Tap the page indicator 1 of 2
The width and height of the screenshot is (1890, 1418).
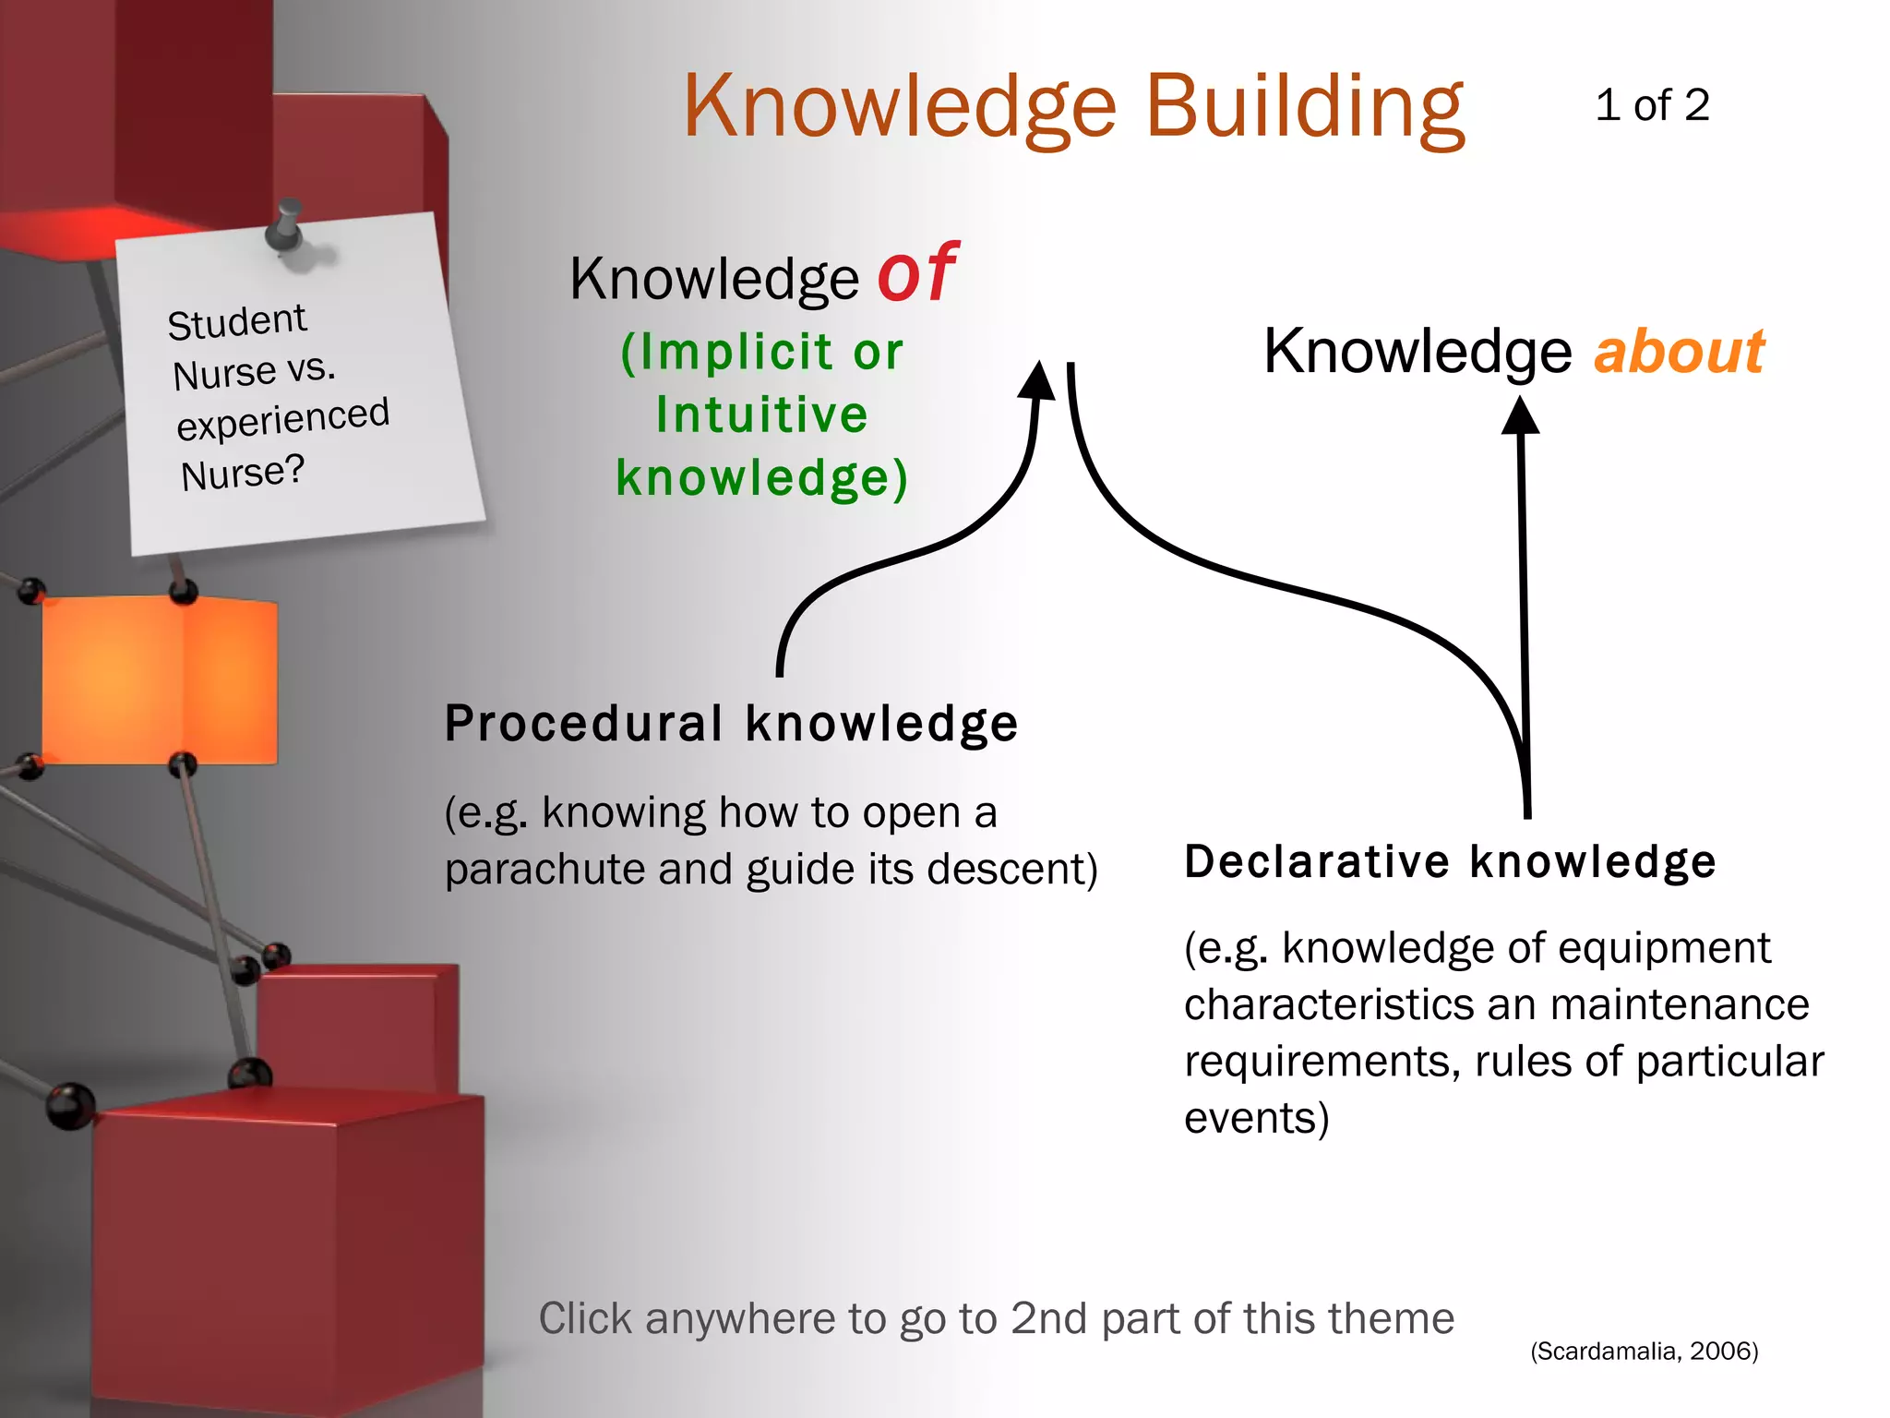tap(1652, 105)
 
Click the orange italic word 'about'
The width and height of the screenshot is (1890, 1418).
tap(1679, 352)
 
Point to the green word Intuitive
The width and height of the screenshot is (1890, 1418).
tap(762, 415)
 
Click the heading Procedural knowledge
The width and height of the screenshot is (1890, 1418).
tap(731, 723)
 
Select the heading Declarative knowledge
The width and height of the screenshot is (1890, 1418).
tap(1450, 861)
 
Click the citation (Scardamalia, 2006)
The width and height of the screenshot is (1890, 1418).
tap(1644, 1352)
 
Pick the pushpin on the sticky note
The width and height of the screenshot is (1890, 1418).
tap(286, 226)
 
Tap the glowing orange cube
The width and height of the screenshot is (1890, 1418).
tap(159, 679)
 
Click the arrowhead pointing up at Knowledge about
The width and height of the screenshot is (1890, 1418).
tap(1520, 416)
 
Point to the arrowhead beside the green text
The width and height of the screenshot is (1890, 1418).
tap(1038, 380)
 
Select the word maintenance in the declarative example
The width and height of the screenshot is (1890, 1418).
tap(1680, 1005)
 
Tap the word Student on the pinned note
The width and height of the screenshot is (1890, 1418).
tap(236, 322)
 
